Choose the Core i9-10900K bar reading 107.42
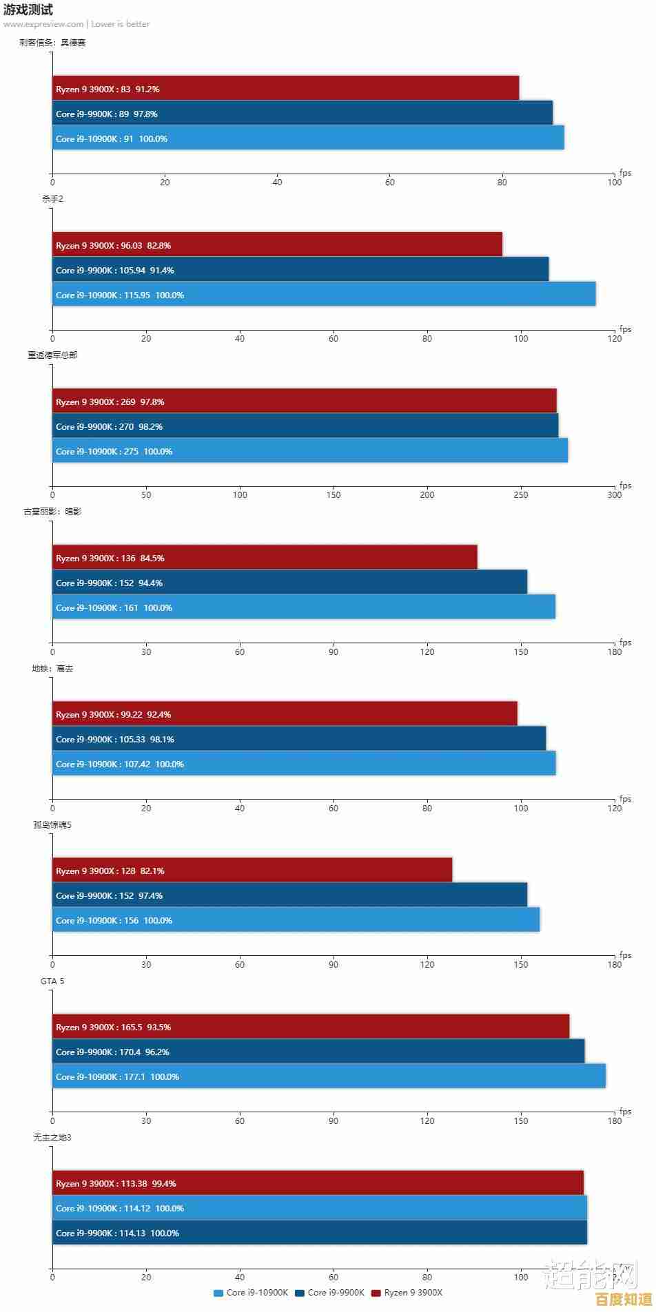[304, 764]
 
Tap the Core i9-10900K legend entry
[252, 1293]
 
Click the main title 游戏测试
[28, 10]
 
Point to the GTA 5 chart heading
[52, 981]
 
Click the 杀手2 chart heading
[52, 199]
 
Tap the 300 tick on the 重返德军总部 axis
[614, 494]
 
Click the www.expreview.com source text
[43, 24]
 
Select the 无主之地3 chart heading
[52, 1137]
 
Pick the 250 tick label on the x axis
[521, 494]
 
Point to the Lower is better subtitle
[121, 24]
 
